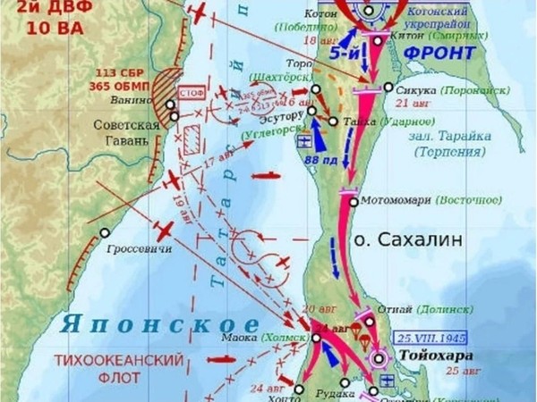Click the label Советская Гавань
[x=127, y=133]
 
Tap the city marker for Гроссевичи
[x=106, y=232]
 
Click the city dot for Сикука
[x=388, y=88]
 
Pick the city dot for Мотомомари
[x=354, y=202]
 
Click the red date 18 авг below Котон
[x=316, y=39]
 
